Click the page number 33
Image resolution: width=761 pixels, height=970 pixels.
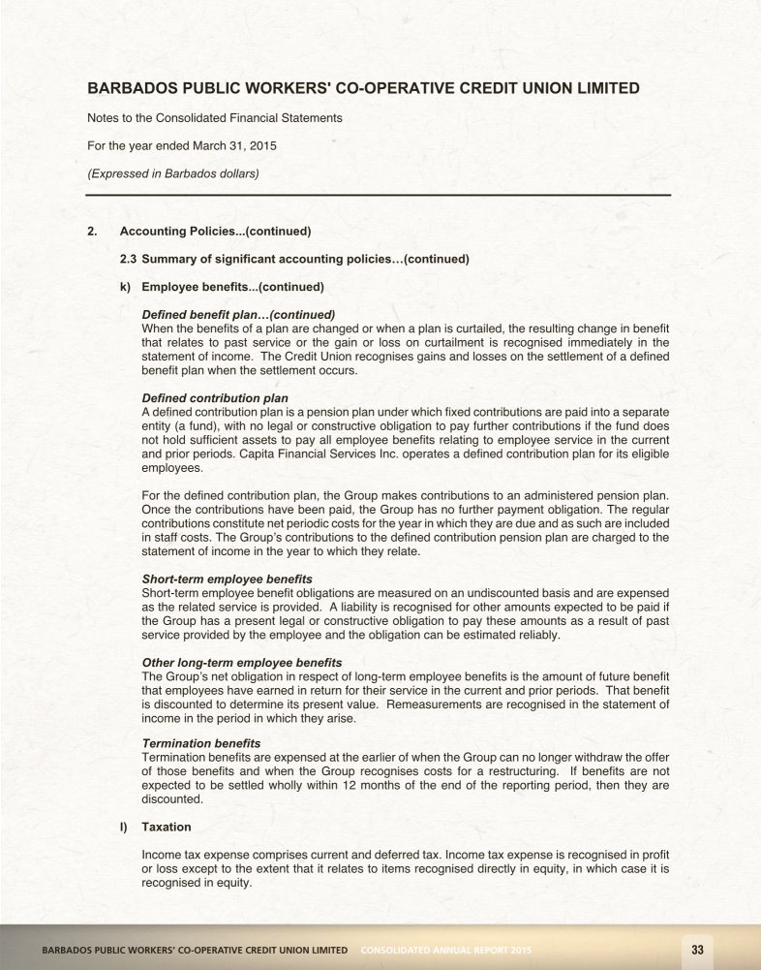pos(696,949)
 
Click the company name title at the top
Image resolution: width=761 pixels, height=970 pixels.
pos(363,88)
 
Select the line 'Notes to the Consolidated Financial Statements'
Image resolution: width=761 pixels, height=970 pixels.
pos(215,118)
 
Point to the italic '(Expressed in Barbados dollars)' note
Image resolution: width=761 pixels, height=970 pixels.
pos(173,174)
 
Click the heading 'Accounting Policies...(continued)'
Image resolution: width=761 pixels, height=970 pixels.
pos(215,232)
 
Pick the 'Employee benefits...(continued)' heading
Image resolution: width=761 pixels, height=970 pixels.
pos(232,287)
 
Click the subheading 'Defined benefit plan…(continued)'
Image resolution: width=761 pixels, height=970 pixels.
pos(238,314)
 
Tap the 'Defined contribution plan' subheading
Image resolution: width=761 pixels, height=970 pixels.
pos(215,398)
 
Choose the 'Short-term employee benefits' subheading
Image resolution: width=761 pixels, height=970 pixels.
pos(227,579)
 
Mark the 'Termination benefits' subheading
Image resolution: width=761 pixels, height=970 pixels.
pos(200,743)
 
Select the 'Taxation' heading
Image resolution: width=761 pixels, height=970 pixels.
pos(167,827)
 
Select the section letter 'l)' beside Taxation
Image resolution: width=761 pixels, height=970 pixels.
pos(125,827)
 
